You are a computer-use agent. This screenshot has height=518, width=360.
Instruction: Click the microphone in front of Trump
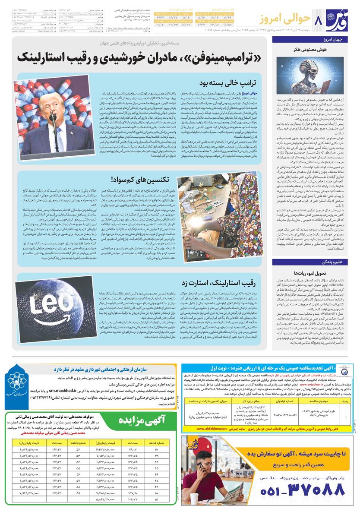coord(53,117)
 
